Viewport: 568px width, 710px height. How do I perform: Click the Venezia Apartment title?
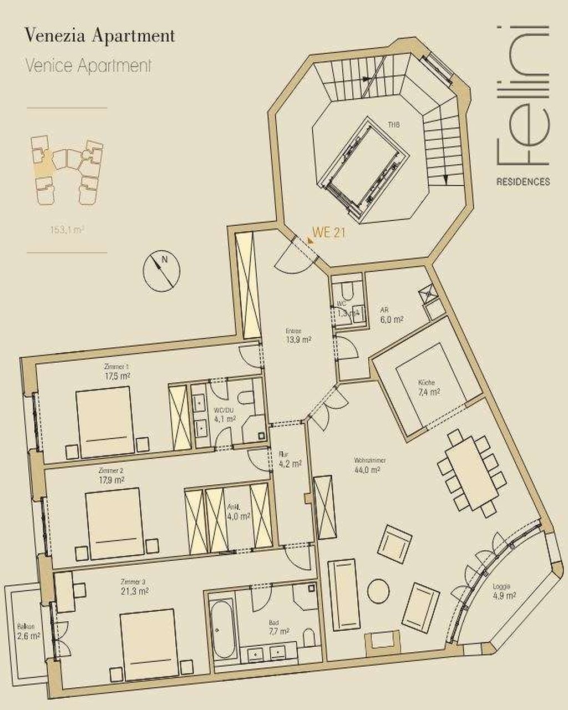point(100,37)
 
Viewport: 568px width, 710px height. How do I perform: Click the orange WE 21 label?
point(328,233)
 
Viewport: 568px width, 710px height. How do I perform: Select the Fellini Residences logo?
point(523,105)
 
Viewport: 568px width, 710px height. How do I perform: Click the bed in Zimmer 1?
point(104,422)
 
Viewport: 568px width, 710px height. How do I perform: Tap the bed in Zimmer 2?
point(115,523)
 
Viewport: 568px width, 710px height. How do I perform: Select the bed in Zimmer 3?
point(147,645)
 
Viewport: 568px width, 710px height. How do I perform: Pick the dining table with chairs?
point(472,473)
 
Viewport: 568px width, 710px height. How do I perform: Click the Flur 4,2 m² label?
point(289,459)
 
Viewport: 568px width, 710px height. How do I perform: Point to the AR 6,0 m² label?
point(390,316)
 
